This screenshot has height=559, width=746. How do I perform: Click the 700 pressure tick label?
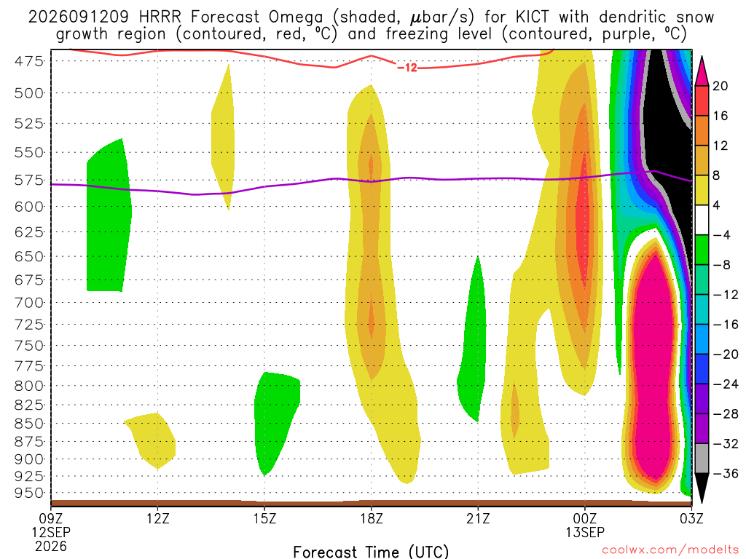coord(29,302)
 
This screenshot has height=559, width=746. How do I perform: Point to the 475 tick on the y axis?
coord(29,61)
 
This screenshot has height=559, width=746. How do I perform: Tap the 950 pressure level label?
coord(29,493)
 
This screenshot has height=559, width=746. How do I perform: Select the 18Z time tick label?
coord(372,518)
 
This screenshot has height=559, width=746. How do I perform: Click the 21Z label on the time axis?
coord(478,518)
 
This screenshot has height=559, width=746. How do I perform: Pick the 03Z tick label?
coord(691,518)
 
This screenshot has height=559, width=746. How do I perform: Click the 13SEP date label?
coord(585,532)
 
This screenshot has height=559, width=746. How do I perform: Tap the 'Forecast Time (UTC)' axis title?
coord(371,552)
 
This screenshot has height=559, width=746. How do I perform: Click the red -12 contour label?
coord(407,68)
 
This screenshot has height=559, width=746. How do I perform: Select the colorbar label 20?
coord(720,86)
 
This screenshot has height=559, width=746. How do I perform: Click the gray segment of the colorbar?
coord(702,459)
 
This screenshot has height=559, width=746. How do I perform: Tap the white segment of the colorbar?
coord(702,220)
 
